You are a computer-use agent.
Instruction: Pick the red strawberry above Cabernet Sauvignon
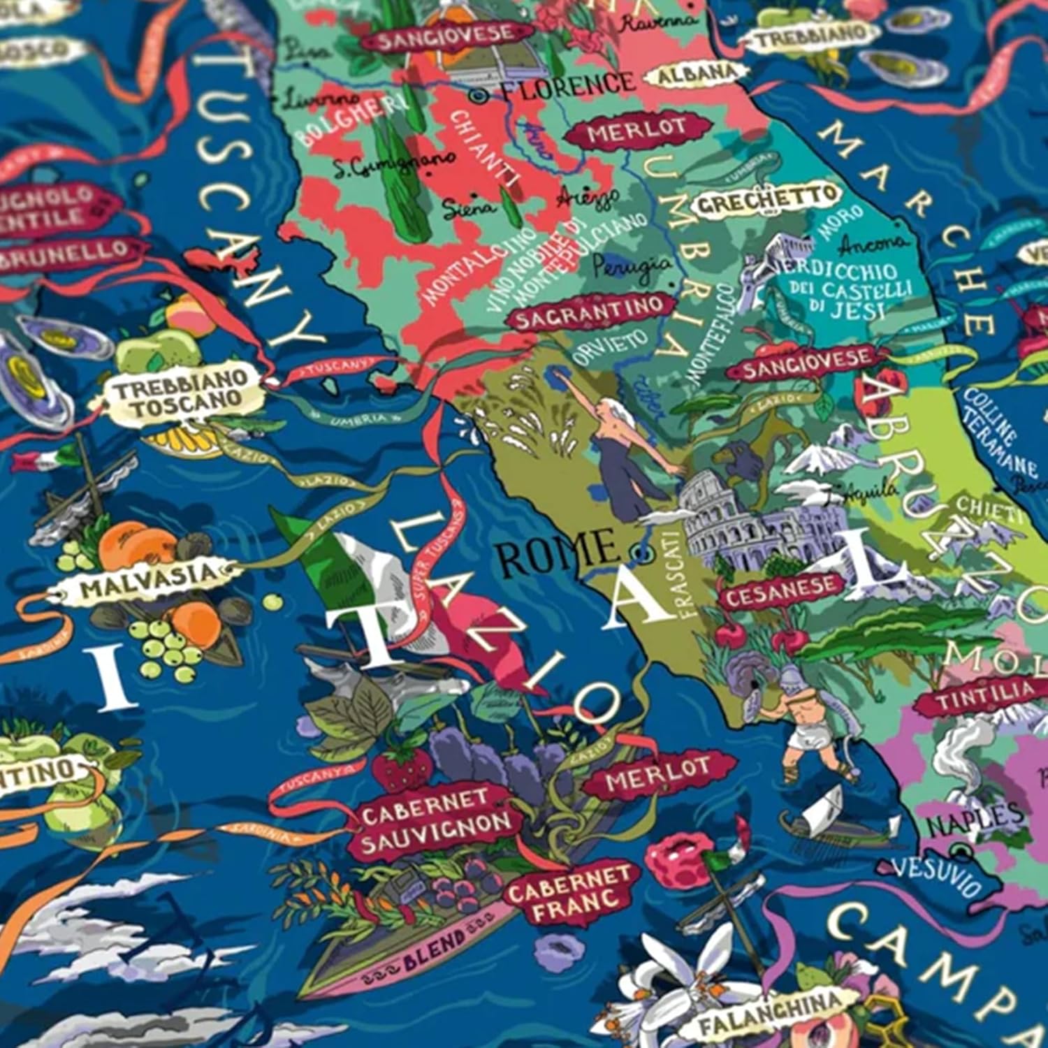(x=401, y=769)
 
